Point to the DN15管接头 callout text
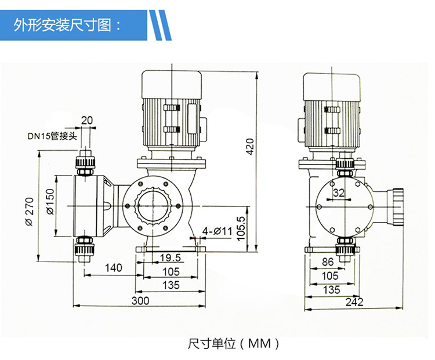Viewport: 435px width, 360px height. click(x=50, y=137)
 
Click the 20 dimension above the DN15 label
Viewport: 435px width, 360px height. click(x=86, y=121)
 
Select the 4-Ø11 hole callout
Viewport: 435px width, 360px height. click(x=217, y=231)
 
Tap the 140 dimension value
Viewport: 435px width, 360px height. click(x=114, y=267)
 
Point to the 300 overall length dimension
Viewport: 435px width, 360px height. click(x=140, y=300)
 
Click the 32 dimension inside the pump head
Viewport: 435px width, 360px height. click(x=339, y=192)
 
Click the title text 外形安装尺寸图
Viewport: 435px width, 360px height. click(x=69, y=24)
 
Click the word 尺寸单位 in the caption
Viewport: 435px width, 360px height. click(x=212, y=344)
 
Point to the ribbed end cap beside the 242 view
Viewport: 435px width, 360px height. click(x=397, y=206)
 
